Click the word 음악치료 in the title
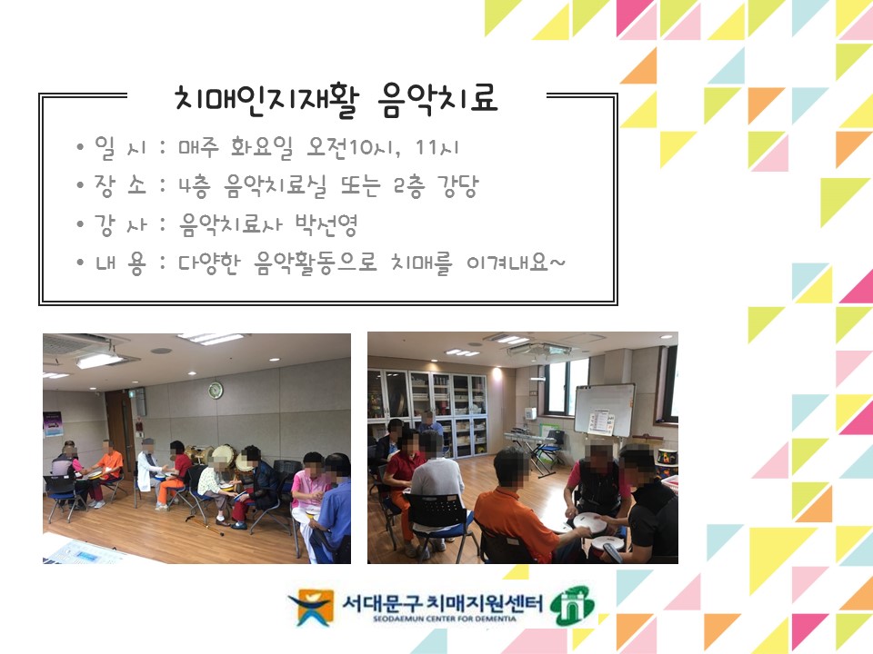coord(437,100)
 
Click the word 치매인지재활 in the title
coord(266,101)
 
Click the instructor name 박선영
coord(326,224)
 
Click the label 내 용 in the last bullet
coord(120,263)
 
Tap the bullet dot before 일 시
coord(81,147)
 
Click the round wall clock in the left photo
coord(216,391)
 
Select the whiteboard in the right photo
coord(604,410)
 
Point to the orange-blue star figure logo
coord(311,608)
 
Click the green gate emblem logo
coord(572,605)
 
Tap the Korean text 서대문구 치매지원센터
coord(442,602)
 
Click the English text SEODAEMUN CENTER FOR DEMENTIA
coord(445,619)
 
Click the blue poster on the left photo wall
coord(53,424)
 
